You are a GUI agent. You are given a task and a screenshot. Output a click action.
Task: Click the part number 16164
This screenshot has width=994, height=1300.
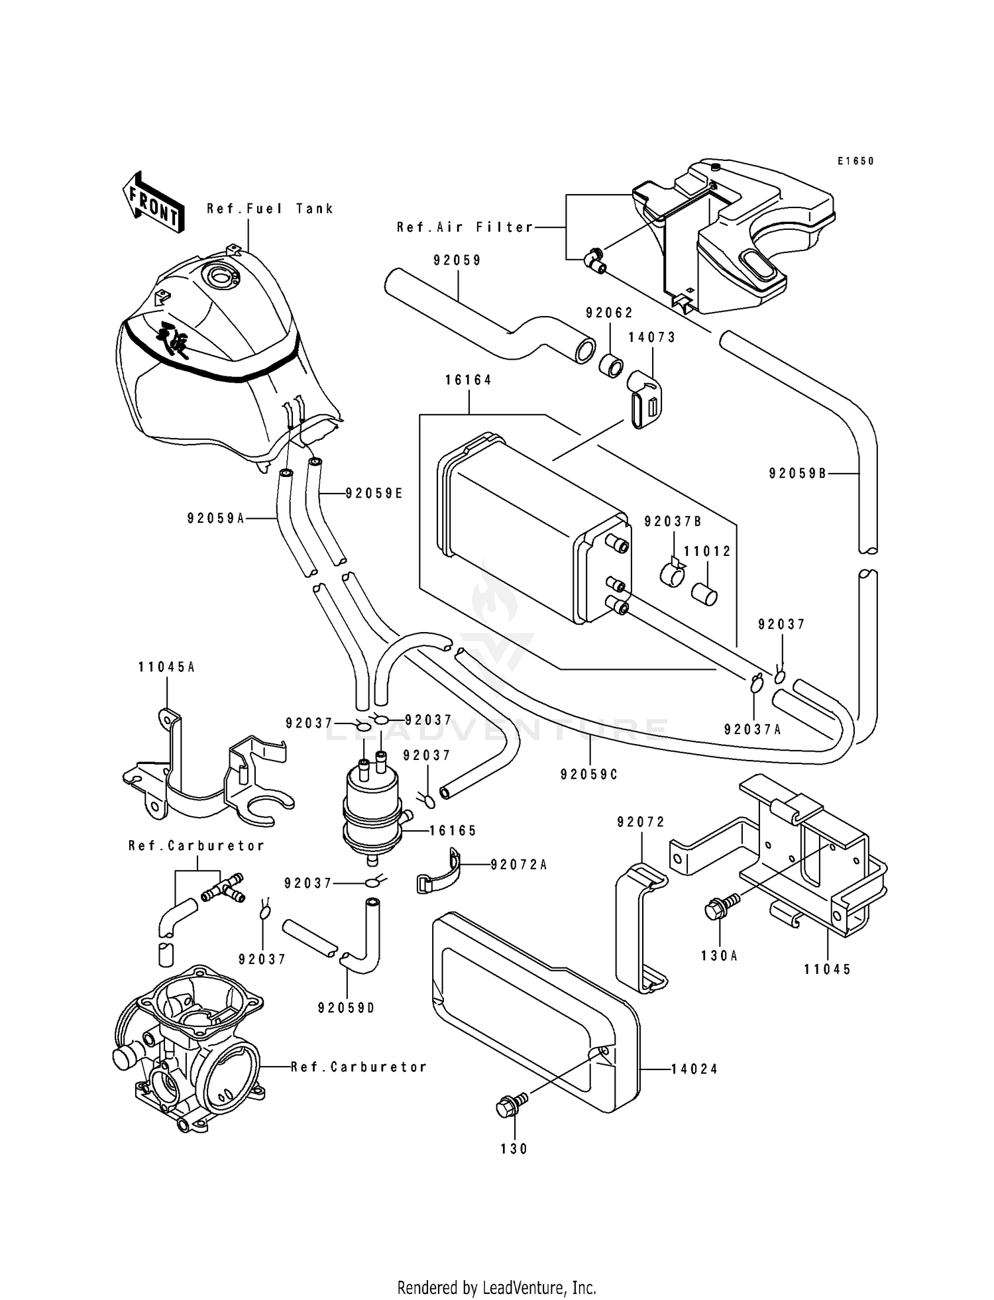click(x=469, y=380)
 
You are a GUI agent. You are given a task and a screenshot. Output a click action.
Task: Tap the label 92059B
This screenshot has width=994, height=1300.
click(x=798, y=473)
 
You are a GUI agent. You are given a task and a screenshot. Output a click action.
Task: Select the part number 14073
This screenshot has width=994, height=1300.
click(x=652, y=337)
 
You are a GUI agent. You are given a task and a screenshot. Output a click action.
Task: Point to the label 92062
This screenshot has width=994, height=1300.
click(x=610, y=313)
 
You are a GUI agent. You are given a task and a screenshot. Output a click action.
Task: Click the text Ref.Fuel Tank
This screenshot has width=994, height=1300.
click(x=270, y=209)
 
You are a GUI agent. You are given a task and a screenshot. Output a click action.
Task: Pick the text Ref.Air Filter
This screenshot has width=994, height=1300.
click(x=465, y=227)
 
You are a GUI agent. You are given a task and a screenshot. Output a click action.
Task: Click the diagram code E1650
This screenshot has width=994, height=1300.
click(x=856, y=161)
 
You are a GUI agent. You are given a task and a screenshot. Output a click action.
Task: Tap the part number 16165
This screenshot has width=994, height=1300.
click(x=453, y=830)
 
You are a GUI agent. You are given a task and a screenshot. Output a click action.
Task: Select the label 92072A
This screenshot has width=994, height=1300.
click(x=519, y=865)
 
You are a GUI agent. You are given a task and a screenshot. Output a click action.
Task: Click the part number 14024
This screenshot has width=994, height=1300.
click(x=694, y=1069)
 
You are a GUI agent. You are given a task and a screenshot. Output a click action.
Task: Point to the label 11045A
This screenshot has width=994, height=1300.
click(x=166, y=667)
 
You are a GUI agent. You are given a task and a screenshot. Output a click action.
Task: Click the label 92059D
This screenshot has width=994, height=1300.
click(x=347, y=1008)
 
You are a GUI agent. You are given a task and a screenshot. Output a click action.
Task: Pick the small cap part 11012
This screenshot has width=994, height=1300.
click(x=704, y=594)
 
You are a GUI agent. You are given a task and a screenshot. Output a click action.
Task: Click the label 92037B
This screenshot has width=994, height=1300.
click(x=673, y=521)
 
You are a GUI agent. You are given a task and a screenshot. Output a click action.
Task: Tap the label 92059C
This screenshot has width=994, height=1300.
click(x=589, y=774)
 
